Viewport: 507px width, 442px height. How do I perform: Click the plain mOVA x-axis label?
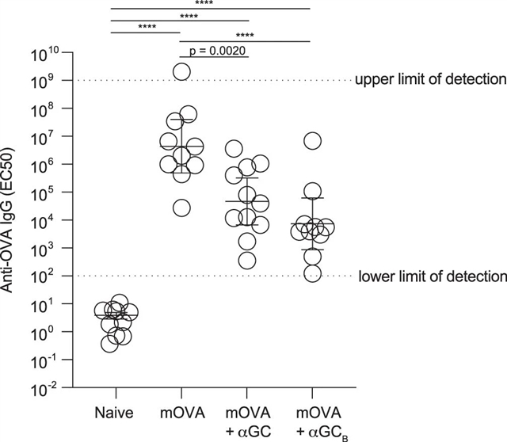point(181,414)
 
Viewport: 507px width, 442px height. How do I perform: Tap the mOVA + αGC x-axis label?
point(247,421)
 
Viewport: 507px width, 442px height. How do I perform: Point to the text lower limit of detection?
point(432,276)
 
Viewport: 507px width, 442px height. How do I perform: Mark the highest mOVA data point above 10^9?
point(181,71)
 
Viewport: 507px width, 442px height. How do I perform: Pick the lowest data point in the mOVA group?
point(181,208)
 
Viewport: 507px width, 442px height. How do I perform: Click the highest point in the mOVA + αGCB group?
point(313,141)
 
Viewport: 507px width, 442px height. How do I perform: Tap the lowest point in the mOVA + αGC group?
point(247,260)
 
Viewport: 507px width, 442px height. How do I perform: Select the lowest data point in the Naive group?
point(110,343)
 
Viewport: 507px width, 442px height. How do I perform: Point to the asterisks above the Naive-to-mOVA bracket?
point(147,27)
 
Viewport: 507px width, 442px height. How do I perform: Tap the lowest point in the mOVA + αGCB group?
point(313,273)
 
